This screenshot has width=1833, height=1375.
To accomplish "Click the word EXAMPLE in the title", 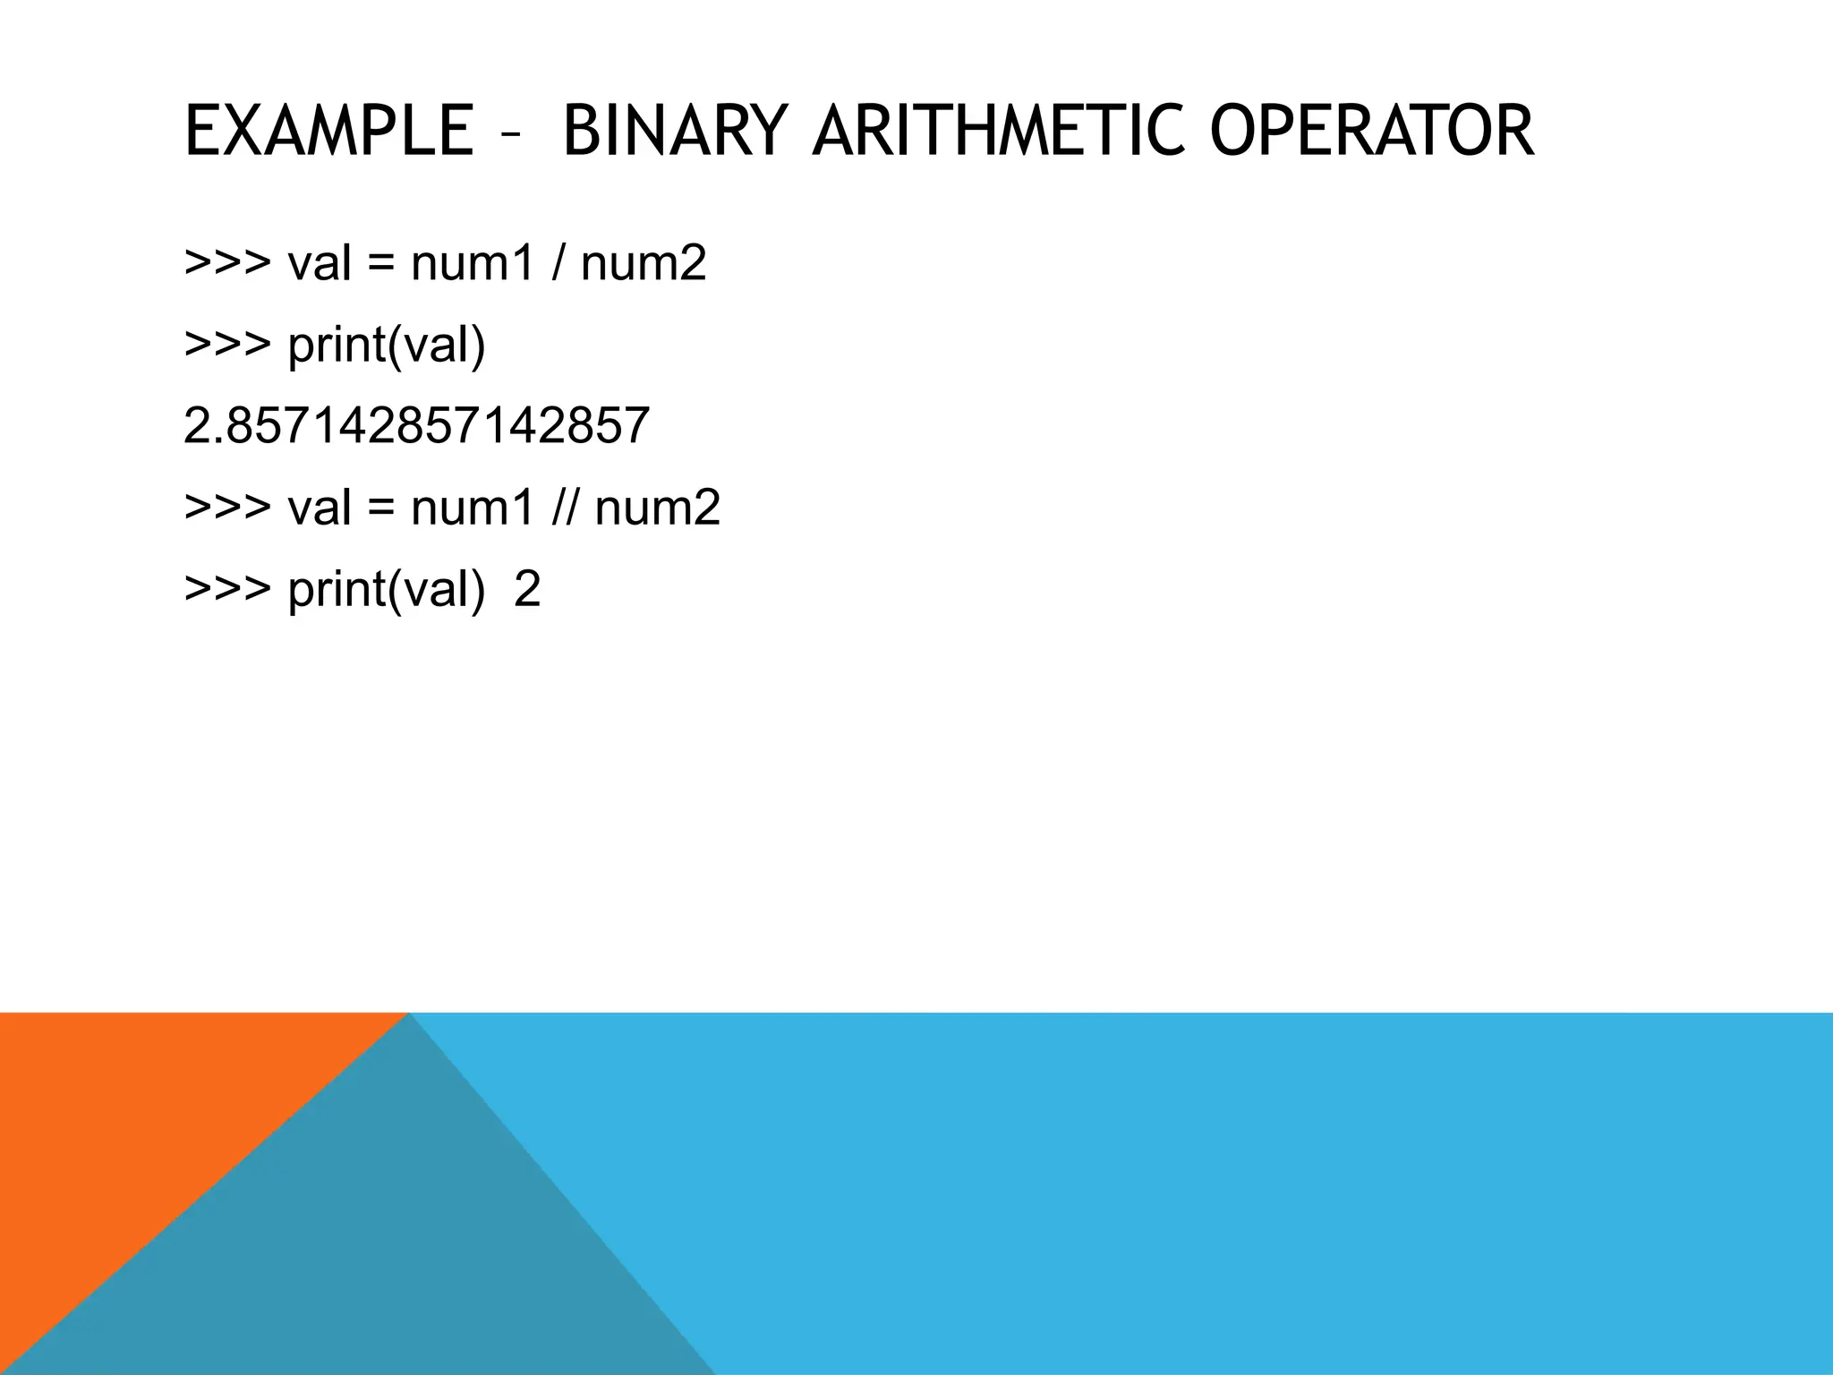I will (x=328, y=132).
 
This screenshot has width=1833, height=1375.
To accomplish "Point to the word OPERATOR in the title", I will (x=1371, y=132).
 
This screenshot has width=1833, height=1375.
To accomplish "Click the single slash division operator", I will (x=558, y=263).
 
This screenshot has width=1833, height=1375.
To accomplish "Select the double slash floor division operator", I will (x=564, y=508).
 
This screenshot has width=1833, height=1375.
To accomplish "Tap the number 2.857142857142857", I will (x=416, y=426).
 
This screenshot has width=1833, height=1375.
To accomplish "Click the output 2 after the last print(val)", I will (x=527, y=590).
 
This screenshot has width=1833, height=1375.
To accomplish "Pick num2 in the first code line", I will (x=644, y=263).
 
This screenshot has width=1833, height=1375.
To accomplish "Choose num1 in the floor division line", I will (x=473, y=508).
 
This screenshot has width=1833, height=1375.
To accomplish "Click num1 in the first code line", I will (x=473, y=263).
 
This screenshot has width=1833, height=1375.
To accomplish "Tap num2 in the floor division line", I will (x=658, y=508).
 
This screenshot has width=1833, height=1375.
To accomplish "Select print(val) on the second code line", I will (x=387, y=346).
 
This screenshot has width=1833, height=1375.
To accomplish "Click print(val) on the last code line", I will (x=387, y=590).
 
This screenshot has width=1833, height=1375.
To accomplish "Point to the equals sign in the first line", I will (x=380, y=265).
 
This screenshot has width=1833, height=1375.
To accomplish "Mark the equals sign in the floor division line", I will (x=380, y=509).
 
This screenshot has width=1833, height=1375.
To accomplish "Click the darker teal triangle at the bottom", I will (x=403, y=1253).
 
